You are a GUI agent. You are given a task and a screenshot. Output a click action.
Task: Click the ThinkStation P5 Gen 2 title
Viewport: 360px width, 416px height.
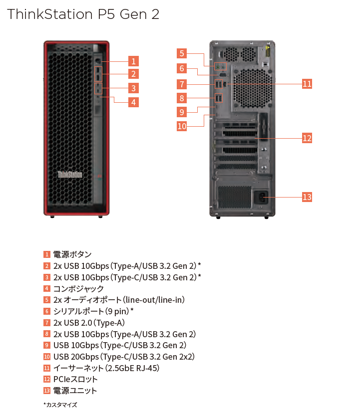pos(83,14)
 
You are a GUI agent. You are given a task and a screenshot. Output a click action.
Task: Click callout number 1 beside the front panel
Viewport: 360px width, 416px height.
pos(132,61)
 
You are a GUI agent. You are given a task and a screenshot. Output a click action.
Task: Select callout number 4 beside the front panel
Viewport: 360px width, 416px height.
pos(132,102)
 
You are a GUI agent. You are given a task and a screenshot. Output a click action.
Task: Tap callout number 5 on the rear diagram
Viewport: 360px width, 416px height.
pos(182,53)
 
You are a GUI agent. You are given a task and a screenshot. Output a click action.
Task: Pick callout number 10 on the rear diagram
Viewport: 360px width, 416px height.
pos(182,126)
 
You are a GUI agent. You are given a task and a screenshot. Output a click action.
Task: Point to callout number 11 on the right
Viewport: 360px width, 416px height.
pos(307,84)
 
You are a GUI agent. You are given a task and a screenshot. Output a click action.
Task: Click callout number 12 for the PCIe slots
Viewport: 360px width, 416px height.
pos(307,138)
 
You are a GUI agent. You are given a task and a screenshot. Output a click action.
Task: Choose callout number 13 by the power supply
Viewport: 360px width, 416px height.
pos(307,197)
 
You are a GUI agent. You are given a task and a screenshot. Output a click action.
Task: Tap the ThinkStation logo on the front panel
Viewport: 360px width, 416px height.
pos(70,175)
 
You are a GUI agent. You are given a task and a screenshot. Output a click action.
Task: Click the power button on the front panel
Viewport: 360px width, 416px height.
pos(98,61)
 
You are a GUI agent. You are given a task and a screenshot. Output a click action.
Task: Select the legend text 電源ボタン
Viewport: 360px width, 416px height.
pos(72,254)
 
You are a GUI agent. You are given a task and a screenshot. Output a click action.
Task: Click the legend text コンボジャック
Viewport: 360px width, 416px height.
pos(78,289)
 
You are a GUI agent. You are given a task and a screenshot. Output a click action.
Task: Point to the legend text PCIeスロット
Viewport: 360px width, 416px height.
pos(75,379)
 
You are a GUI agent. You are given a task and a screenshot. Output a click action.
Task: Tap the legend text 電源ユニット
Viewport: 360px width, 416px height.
pos(75,391)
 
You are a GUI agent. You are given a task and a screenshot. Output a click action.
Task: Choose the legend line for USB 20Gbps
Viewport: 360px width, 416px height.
pos(124,357)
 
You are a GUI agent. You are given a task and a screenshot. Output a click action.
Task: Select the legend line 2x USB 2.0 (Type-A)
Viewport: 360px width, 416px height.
pos(89,323)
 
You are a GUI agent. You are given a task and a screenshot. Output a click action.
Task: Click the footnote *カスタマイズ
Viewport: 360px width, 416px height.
pos(60,405)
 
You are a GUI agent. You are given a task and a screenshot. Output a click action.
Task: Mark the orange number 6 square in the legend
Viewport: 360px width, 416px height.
pos(47,312)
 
